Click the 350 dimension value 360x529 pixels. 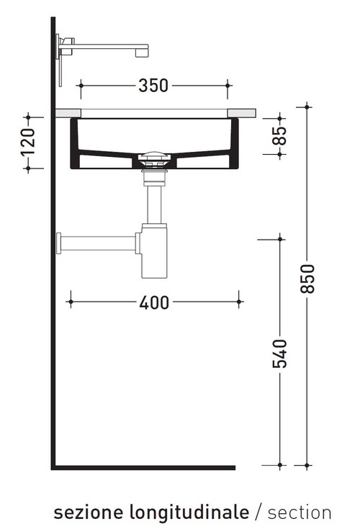pos(153,85)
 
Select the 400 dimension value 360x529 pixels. pos(154,302)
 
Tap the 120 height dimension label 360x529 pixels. pos(28,142)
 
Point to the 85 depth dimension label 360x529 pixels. pos(281,135)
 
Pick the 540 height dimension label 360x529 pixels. pos(281,353)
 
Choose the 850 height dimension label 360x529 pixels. pos(307,278)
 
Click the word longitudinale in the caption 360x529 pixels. pos(189,512)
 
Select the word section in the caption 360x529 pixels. pos(299,512)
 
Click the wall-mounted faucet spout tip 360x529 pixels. pos(145,51)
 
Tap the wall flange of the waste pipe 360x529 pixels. pos(60,243)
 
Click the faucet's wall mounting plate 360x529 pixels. pos(61,61)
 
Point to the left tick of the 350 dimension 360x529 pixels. pos(80,85)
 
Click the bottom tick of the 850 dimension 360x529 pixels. pos(307,466)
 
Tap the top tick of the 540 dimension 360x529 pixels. pos(280,237)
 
